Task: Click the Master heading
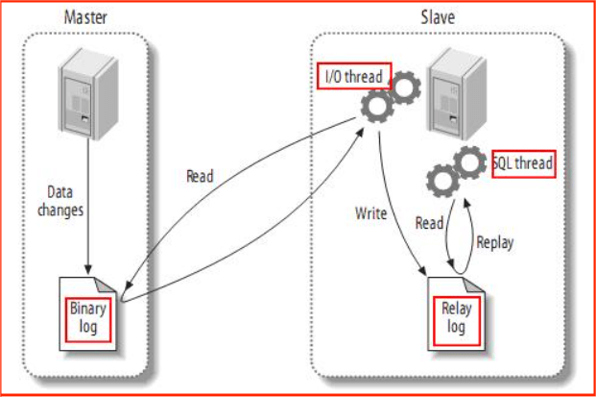click(x=84, y=16)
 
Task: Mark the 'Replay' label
click(x=495, y=242)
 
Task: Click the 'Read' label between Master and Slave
click(x=200, y=176)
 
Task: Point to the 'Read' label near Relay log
click(x=429, y=223)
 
